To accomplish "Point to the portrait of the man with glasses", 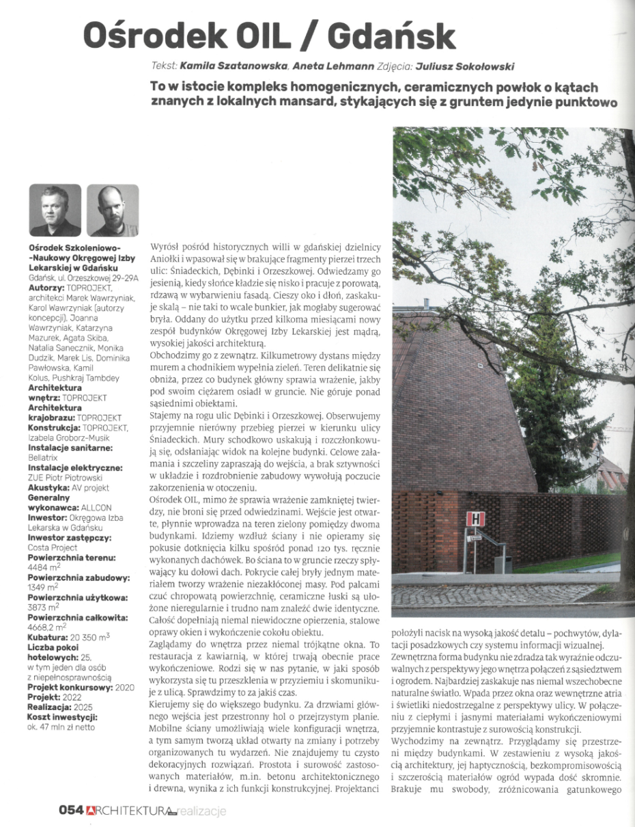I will click(x=55, y=210).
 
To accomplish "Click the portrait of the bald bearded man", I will click(x=112, y=210).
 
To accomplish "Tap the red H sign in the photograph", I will click(x=475, y=519).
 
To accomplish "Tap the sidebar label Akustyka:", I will click(x=52, y=488).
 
